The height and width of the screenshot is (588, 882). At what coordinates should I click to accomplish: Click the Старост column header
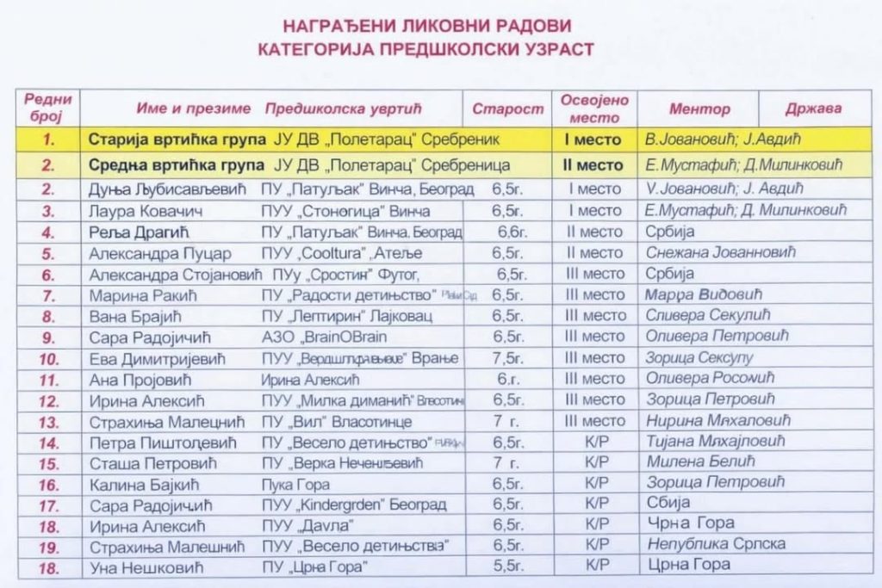[508, 109]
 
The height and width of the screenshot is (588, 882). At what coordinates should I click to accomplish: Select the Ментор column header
[699, 109]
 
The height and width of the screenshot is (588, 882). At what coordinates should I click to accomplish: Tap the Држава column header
[813, 109]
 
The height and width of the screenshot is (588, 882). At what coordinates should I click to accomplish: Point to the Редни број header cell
[48, 108]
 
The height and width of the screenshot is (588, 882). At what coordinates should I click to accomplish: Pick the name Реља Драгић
[138, 232]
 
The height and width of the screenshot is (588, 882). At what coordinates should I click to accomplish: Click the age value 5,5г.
[508, 566]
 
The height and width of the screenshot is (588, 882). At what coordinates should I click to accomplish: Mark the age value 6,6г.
[512, 232]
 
